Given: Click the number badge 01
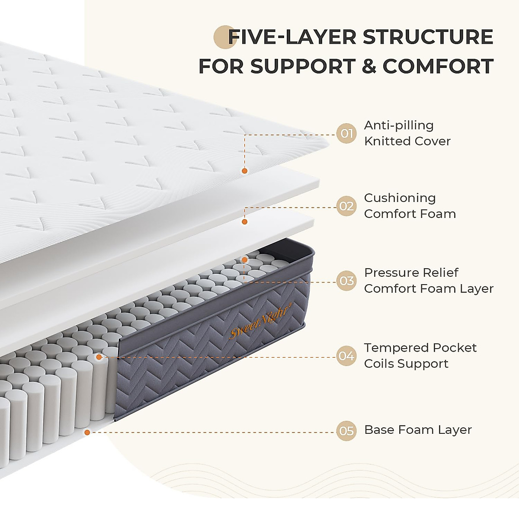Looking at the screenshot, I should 346,133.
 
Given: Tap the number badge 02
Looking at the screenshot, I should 346,206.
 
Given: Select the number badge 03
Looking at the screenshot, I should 346,281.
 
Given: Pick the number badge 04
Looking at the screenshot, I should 346,356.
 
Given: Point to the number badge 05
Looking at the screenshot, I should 346,431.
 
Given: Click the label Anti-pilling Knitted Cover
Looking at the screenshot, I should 407,133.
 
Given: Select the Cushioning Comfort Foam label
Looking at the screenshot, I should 410,206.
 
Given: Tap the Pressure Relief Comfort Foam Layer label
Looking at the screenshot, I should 428,281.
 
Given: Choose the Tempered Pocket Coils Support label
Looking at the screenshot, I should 420,356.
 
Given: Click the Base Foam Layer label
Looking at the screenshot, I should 418,430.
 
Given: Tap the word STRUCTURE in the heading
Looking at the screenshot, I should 428,37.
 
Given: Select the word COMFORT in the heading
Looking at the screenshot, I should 438,67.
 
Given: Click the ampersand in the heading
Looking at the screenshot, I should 368,67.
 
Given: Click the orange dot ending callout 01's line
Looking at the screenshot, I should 244,171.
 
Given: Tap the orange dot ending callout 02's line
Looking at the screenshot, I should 244,221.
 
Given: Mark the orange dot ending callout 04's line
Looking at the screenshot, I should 99,357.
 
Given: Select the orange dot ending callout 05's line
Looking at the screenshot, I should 87,432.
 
